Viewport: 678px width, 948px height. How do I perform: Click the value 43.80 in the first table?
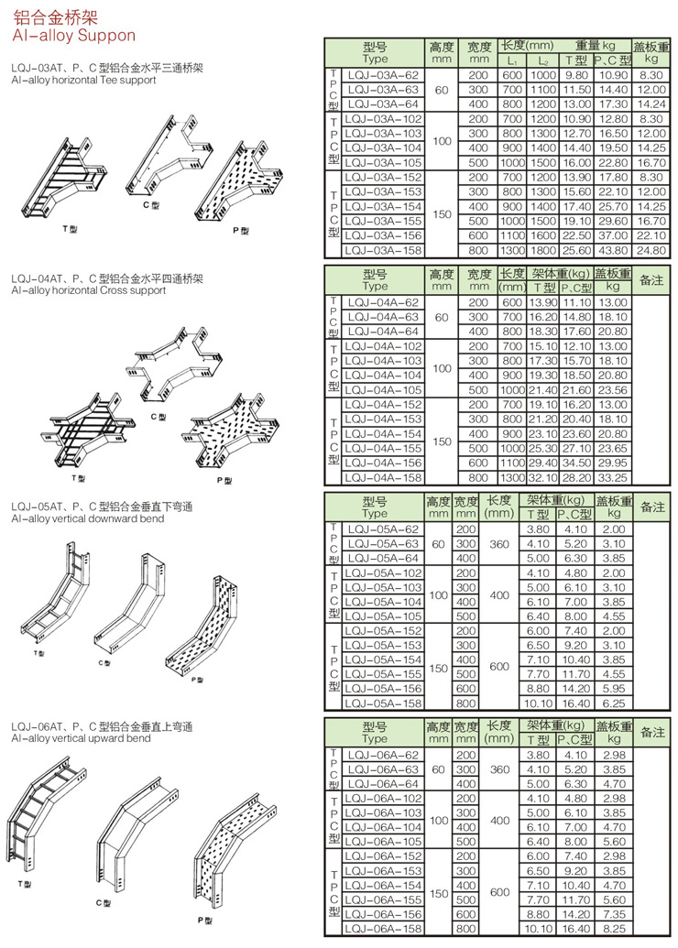pyautogui.click(x=611, y=250)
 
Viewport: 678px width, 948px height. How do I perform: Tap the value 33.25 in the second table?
pyautogui.click(x=611, y=477)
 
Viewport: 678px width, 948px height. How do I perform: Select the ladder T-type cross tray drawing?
pyautogui.click(x=82, y=430)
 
